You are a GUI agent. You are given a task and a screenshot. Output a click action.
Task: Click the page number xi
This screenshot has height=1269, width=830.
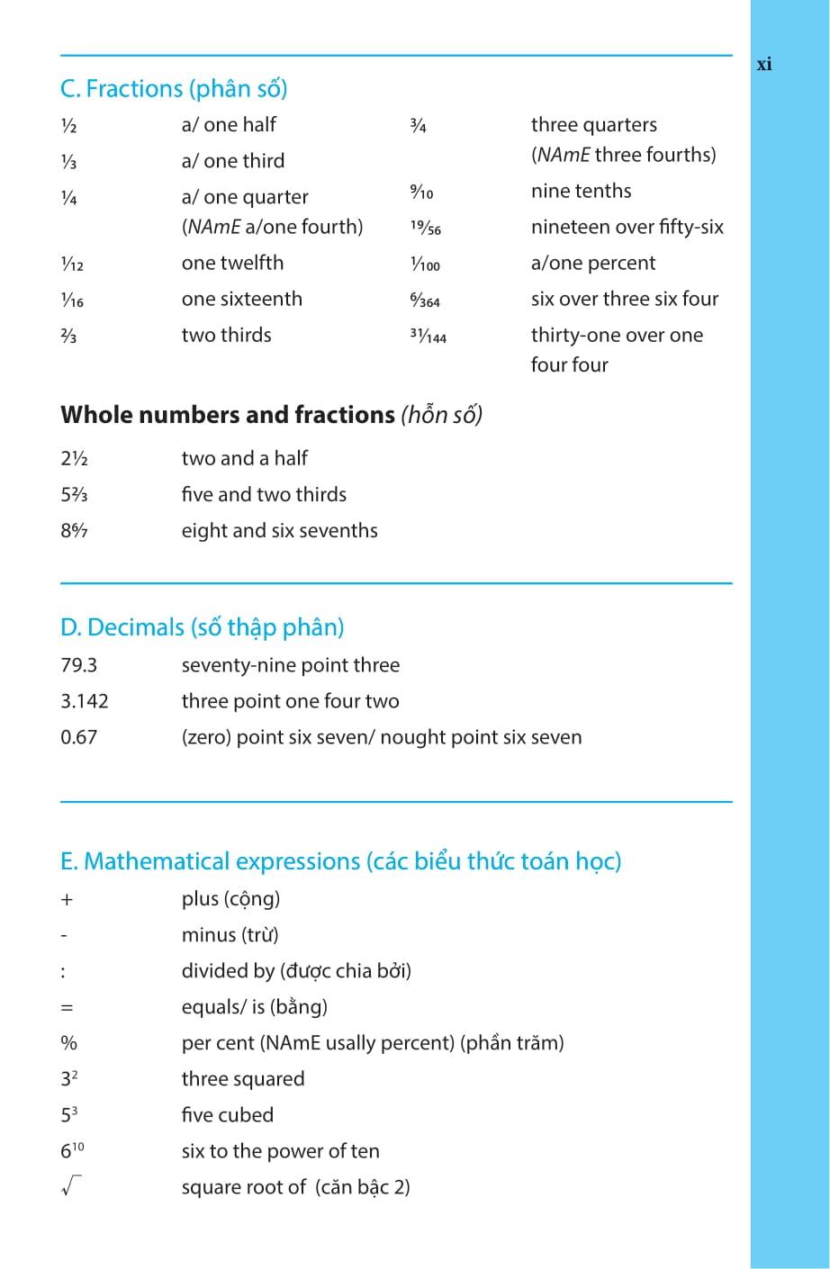[x=764, y=64]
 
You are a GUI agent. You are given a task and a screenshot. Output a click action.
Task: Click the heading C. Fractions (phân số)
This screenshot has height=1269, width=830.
[x=174, y=89]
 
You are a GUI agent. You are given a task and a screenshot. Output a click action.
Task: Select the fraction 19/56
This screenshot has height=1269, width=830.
[x=426, y=228]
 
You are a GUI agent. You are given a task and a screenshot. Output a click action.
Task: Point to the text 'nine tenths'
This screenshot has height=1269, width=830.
[x=581, y=191]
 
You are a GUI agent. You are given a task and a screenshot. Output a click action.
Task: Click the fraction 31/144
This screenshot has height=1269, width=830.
[x=428, y=336]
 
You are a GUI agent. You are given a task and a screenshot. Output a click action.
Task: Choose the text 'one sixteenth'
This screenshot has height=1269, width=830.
[x=241, y=299]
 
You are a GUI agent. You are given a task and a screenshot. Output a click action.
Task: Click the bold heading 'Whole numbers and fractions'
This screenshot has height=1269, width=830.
[x=228, y=415]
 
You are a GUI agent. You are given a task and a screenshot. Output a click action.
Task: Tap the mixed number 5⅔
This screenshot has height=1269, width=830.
[x=74, y=495]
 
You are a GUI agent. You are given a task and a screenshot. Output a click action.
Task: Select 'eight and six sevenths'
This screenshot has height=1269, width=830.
[x=279, y=531]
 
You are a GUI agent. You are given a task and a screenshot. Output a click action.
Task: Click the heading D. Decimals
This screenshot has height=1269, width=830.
[x=202, y=627]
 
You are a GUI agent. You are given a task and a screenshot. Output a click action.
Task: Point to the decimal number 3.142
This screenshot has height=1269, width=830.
[x=85, y=701]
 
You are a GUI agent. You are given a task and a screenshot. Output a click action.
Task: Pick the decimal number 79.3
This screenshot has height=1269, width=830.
[x=79, y=665]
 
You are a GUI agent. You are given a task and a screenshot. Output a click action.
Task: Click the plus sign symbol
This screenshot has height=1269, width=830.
[x=67, y=899]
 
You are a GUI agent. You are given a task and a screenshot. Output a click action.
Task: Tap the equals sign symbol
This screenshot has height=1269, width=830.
[x=67, y=1008]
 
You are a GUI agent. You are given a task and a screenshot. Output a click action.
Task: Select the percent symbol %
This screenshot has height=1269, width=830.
[x=68, y=1043]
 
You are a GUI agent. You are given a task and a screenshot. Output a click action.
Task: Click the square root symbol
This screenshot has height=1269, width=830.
[x=70, y=1188]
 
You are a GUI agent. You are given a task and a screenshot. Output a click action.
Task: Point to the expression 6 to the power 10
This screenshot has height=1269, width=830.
[x=72, y=1150]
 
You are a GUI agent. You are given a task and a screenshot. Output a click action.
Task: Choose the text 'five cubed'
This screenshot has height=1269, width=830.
[x=227, y=1115]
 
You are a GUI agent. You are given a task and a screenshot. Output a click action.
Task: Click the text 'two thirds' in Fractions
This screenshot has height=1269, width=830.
[x=226, y=335]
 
